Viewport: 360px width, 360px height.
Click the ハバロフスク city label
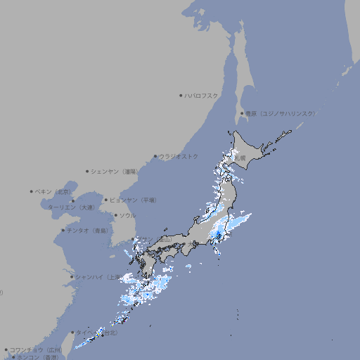pyautogui.click(x=202, y=95)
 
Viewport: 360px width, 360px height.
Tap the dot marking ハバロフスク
pyautogui.click(x=181, y=95)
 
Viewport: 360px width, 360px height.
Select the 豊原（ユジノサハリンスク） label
pyautogui.click(x=281, y=113)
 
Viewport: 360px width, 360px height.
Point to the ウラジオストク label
pyautogui.click(x=179, y=156)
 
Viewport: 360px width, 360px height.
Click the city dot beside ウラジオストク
pyautogui.click(x=155, y=156)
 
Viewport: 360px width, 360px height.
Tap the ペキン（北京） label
pyautogui.click(x=53, y=191)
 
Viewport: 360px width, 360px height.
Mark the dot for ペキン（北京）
pyautogui.click(x=32, y=191)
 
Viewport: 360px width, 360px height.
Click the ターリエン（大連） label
pyautogui.click(x=70, y=207)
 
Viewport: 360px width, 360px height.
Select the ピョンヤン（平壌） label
pyautogui.click(x=134, y=200)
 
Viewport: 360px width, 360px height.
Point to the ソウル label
pyautogui.click(x=127, y=215)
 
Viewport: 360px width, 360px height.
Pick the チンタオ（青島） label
pyautogui.click(x=88, y=230)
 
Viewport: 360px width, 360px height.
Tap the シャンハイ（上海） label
pyautogui.click(x=98, y=276)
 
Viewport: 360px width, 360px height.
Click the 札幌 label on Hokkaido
pyautogui.click(x=240, y=158)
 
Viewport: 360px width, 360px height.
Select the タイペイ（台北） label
pyautogui.click(x=91, y=333)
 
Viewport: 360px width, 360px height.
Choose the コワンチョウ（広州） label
pyautogui.click(x=35, y=349)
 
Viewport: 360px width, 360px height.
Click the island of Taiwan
pyautogui.click(x=84, y=342)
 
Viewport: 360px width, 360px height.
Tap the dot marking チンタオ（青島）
pyautogui.click(x=63, y=230)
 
